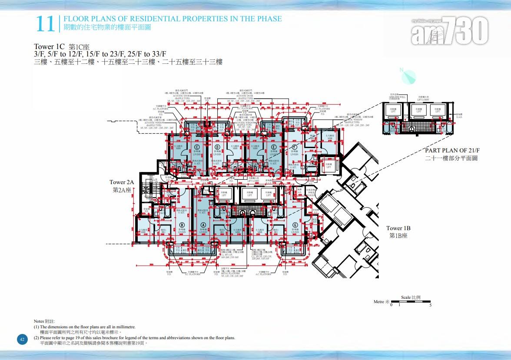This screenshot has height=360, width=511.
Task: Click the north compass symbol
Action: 408,76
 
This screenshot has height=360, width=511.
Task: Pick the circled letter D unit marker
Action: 217,147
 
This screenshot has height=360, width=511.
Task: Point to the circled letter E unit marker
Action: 273,147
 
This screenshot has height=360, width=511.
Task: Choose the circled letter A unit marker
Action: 202,225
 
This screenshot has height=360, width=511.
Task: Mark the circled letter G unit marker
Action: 295,225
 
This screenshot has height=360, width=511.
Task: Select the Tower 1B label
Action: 398,232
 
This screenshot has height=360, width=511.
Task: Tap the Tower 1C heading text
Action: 50,46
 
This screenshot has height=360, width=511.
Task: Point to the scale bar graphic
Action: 411,301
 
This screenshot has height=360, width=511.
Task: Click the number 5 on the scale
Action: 430,305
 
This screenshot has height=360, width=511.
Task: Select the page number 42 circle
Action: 23,339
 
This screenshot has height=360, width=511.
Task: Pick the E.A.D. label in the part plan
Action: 459,117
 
